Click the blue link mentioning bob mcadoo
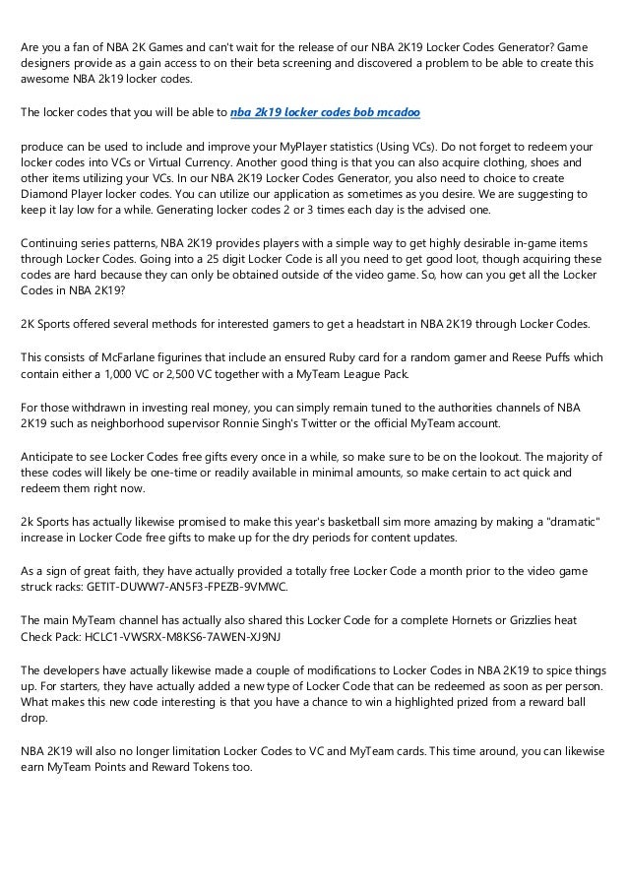click(325, 113)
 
